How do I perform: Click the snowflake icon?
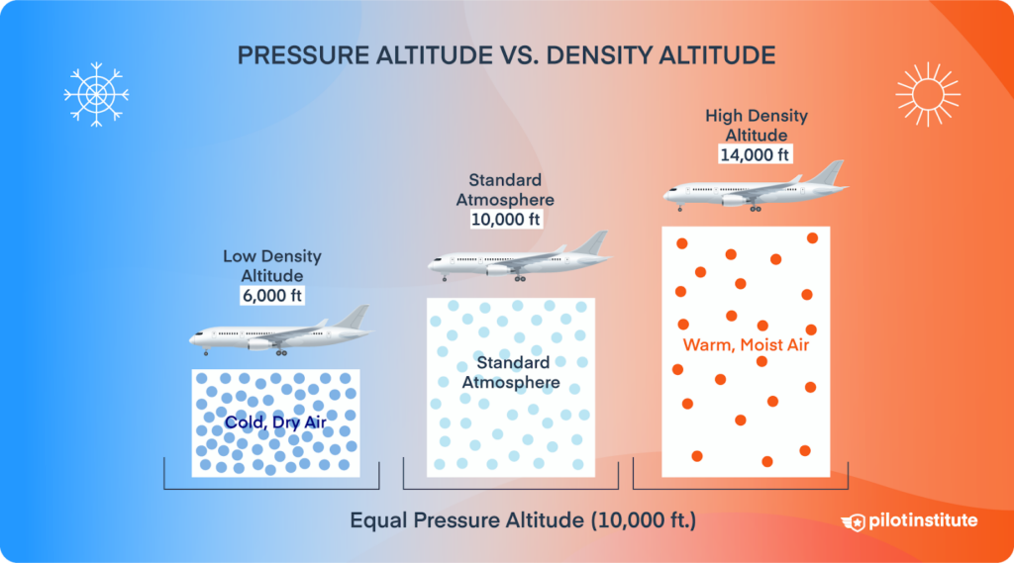coord(96,95)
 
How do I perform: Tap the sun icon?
coord(928,95)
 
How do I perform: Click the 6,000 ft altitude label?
coord(271,295)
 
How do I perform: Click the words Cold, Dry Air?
coord(275,423)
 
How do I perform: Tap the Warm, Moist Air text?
coord(747,345)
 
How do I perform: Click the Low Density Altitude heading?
coord(271,265)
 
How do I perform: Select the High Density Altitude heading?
coord(756,125)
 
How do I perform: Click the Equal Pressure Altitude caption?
coord(523,520)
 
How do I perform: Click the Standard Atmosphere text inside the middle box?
coord(511,372)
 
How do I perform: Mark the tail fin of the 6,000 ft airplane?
coord(355,317)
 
